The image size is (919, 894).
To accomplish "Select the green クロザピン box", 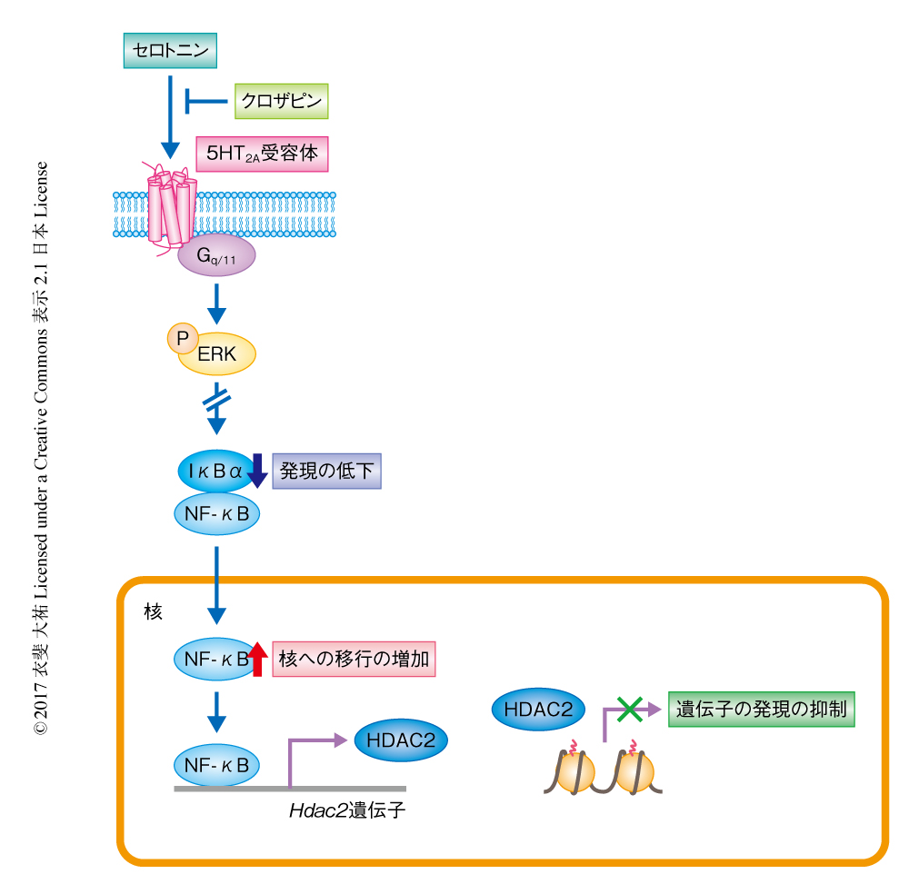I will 281,102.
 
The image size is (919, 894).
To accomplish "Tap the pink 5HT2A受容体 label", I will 262,154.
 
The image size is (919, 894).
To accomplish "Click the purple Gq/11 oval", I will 216,258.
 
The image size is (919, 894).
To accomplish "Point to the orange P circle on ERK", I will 182,338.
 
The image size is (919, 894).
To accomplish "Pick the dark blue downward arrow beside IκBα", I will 257,471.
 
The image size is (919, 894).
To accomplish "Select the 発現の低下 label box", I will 326,472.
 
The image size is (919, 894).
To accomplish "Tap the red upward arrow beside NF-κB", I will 257,659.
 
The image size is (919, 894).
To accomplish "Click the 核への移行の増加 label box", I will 354,659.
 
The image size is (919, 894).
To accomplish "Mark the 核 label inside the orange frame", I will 153,611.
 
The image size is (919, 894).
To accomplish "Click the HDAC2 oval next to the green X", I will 539,710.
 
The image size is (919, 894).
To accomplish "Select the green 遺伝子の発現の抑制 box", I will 762,709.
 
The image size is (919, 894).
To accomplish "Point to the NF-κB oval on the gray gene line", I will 216,765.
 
